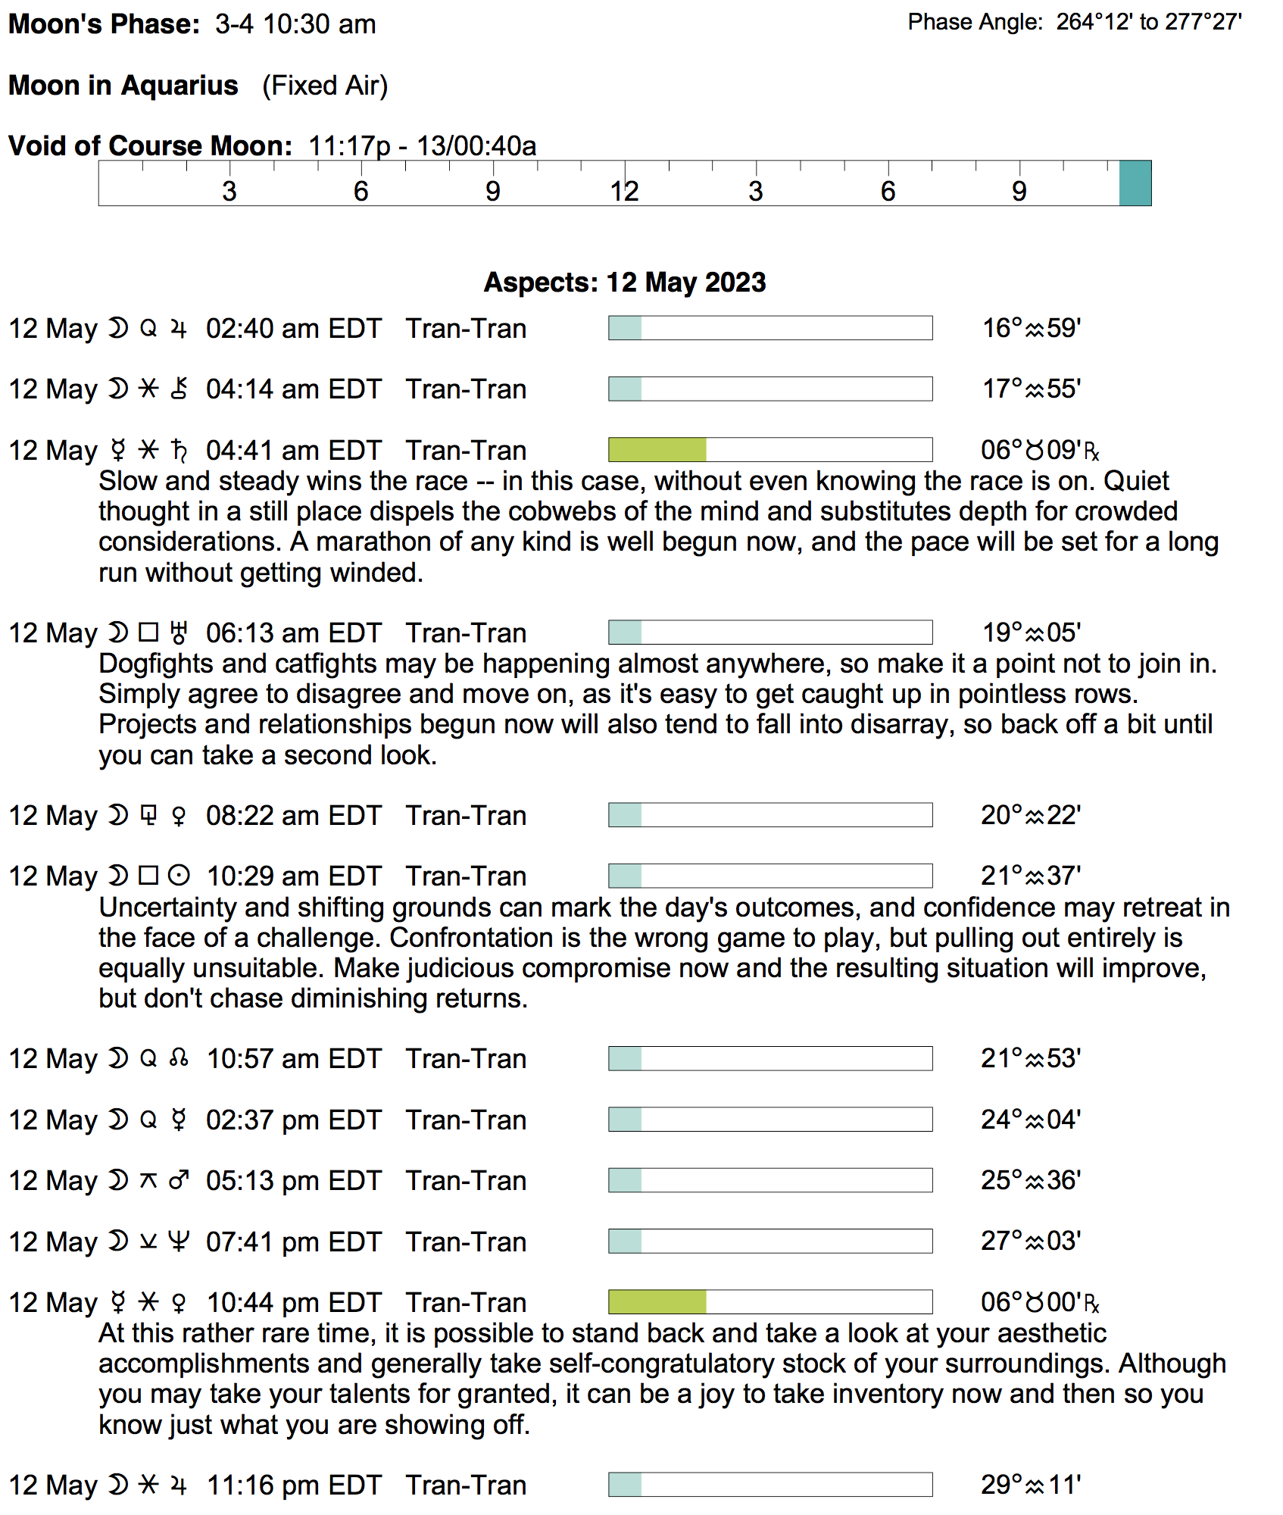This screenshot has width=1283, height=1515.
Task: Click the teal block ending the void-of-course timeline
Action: click(1135, 183)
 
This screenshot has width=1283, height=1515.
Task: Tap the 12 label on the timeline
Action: click(624, 192)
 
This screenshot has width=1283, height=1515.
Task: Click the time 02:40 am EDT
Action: click(293, 329)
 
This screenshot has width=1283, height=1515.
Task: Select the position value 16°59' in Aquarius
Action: click(1031, 329)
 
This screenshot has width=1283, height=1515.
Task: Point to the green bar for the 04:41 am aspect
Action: click(657, 450)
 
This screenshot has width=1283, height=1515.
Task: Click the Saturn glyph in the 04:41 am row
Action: click(179, 451)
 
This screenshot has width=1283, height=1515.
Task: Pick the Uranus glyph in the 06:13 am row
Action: click(179, 633)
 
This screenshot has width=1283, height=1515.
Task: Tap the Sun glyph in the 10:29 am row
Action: click(179, 876)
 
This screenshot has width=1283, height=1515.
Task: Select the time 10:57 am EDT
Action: click(293, 1059)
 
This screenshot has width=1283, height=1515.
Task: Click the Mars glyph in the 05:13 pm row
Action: click(179, 1181)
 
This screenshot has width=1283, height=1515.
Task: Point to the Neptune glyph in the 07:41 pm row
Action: click(179, 1242)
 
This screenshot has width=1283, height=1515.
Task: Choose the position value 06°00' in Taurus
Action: click(1038, 1303)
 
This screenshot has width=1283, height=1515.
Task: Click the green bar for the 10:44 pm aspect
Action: click(657, 1302)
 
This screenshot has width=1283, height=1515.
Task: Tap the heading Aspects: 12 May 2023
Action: click(625, 283)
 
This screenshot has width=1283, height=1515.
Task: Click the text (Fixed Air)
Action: click(325, 86)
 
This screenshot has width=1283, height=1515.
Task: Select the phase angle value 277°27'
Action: click(1203, 22)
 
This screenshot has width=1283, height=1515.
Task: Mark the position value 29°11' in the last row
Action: click(1031, 1485)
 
